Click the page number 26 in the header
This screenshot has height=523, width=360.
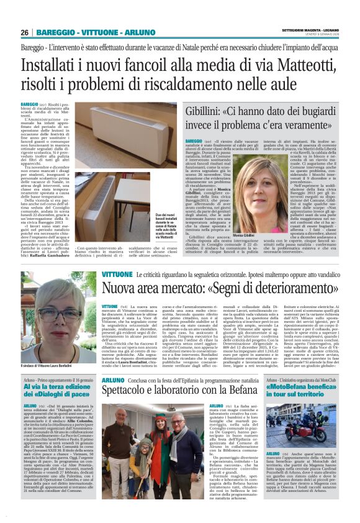24,32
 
